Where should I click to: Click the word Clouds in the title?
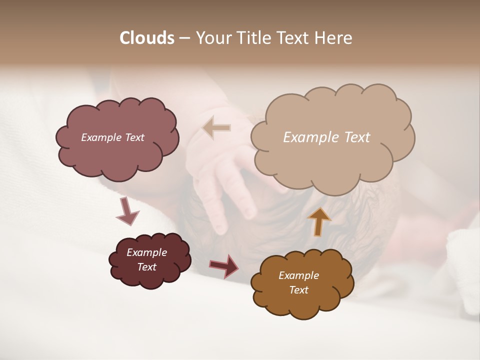pyautogui.click(x=147, y=38)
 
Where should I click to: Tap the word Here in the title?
pyautogui.click(x=333, y=38)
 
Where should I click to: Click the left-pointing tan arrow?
pyautogui.click(x=216, y=127)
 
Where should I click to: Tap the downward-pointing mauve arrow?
pyautogui.click(x=127, y=210)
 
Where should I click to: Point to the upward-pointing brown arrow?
pyautogui.click(x=319, y=221)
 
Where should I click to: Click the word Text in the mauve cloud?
pyautogui.click(x=134, y=137)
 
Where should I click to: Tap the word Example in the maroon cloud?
pyautogui.click(x=146, y=252)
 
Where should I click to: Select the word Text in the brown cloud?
pyautogui.click(x=298, y=290)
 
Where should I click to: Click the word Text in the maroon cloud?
pyautogui.click(x=146, y=267)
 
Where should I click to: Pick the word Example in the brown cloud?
pyautogui.click(x=298, y=275)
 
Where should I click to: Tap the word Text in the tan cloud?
pyautogui.click(x=357, y=137)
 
